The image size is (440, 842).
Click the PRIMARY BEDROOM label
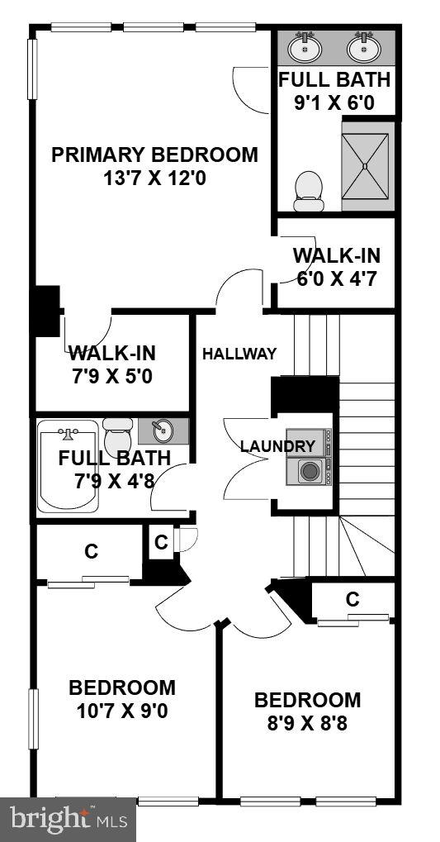point(154,155)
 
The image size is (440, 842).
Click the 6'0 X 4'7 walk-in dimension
point(336,278)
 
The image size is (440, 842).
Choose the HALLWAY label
point(239,354)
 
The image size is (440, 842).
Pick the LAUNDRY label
point(277,446)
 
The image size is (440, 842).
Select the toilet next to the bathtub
point(118,433)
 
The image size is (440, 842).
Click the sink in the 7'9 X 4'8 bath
point(163,431)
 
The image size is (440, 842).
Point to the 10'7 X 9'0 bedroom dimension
point(122,711)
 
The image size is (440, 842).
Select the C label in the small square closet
point(161,543)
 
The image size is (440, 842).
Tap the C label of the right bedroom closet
point(352,599)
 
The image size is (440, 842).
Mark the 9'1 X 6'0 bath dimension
point(334,103)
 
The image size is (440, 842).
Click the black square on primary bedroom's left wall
point(45,311)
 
